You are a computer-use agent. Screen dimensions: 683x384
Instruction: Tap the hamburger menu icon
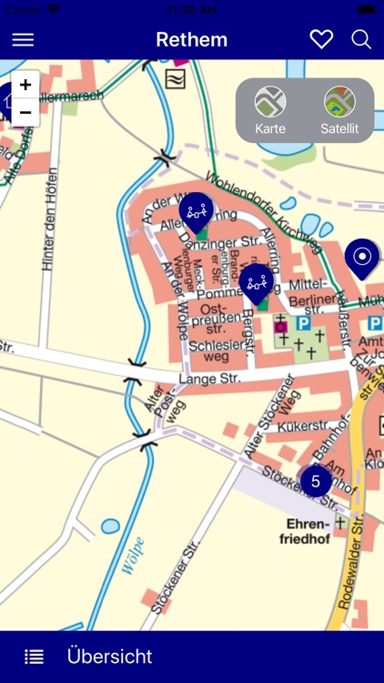(23, 39)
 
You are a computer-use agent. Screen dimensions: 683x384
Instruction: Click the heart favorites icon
(321, 39)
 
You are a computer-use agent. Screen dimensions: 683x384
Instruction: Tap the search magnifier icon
(361, 39)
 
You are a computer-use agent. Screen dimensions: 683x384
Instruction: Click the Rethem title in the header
(191, 39)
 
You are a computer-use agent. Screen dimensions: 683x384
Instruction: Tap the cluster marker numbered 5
(316, 481)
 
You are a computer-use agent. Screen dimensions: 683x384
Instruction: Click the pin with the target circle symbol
(361, 257)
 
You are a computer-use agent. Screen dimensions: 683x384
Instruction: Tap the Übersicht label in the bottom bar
(109, 656)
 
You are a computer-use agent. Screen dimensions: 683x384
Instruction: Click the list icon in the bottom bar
(34, 657)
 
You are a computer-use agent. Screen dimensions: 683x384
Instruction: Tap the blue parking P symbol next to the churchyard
(304, 322)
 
